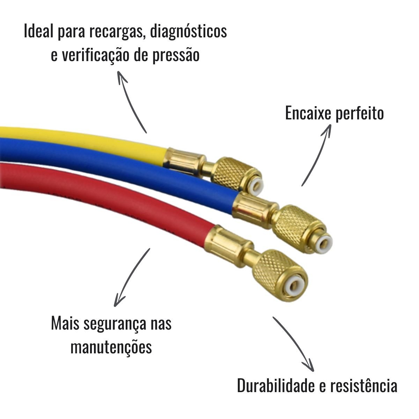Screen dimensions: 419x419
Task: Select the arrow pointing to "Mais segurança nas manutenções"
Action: [131, 278]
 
